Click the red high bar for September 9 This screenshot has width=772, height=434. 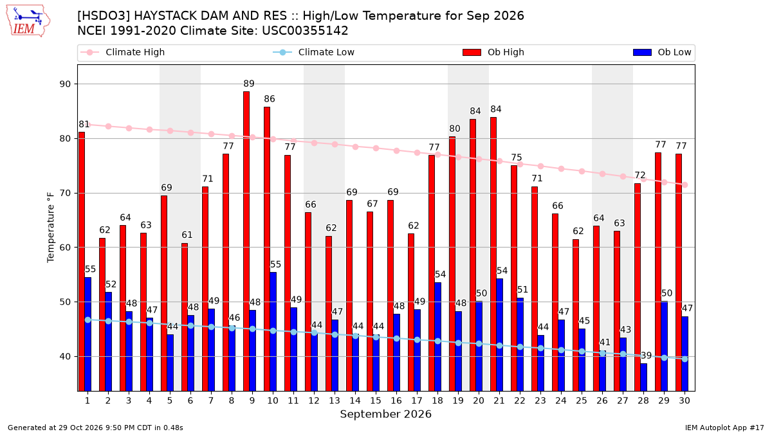(x=246, y=241)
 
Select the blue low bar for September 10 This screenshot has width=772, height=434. (x=273, y=332)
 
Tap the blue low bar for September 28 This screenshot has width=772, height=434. (x=643, y=377)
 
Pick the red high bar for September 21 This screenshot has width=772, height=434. (x=493, y=254)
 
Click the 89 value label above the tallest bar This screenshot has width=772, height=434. (x=249, y=84)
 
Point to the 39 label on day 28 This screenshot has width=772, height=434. (x=646, y=356)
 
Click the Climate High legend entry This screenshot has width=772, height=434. (x=123, y=52)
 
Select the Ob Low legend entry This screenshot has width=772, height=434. (x=662, y=52)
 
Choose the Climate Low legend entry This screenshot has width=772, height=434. (x=314, y=52)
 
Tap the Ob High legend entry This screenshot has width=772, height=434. (x=493, y=52)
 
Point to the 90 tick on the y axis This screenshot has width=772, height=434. (x=65, y=84)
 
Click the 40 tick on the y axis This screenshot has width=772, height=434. (x=65, y=356)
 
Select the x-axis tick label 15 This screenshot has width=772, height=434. (x=376, y=401)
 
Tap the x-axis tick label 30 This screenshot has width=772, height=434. (x=685, y=401)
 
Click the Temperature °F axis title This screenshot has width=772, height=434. (x=51, y=228)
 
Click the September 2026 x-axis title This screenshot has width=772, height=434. (x=385, y=414)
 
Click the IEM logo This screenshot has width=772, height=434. (x=28, y=21)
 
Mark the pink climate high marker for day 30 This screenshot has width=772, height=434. (x=685, y=185)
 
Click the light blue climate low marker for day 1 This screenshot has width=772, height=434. (x=88, y=320)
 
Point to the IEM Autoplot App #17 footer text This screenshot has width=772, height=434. (x=724, y=428)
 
